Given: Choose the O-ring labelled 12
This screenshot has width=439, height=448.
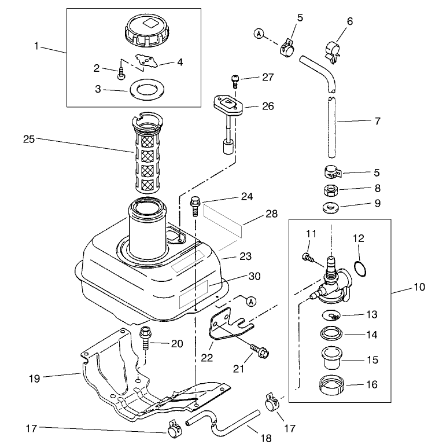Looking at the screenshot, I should point(359,268).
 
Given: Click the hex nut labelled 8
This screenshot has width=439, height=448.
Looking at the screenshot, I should point(330,190).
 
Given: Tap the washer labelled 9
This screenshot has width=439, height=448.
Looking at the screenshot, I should point(330,207).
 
